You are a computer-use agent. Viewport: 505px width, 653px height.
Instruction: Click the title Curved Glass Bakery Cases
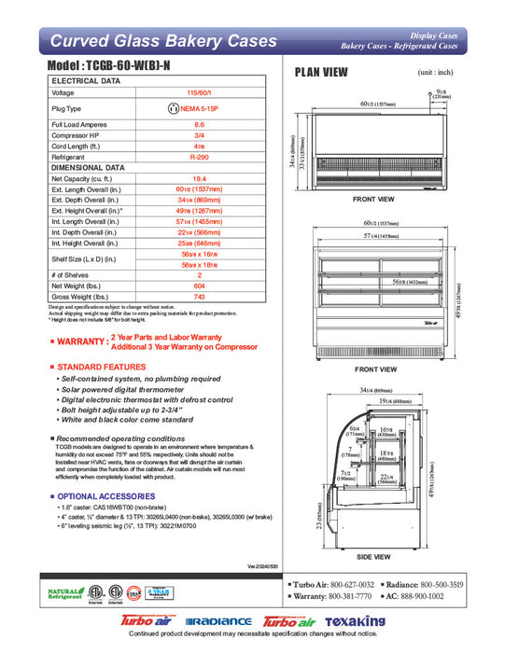click(x=163, y=41)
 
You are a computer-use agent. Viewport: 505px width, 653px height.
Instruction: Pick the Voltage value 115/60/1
click(x=199, y=93)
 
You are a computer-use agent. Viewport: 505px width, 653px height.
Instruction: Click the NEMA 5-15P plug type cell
click(x=199, y=108)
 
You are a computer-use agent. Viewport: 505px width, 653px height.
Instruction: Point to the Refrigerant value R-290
click(x=199, y=158)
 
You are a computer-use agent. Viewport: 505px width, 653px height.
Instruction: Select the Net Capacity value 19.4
click(x=199, y=178)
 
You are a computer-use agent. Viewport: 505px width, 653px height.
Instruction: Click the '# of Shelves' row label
click(x=71, y=275)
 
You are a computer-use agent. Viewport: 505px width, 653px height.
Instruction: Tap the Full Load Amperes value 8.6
click(x=199, y=124)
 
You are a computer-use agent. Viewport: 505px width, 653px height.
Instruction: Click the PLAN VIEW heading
click(x=322, y=73)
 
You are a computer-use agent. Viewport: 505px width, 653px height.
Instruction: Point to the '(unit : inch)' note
click(x=436, y=72)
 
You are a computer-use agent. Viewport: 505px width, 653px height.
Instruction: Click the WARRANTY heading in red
click(x=80, y=342)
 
